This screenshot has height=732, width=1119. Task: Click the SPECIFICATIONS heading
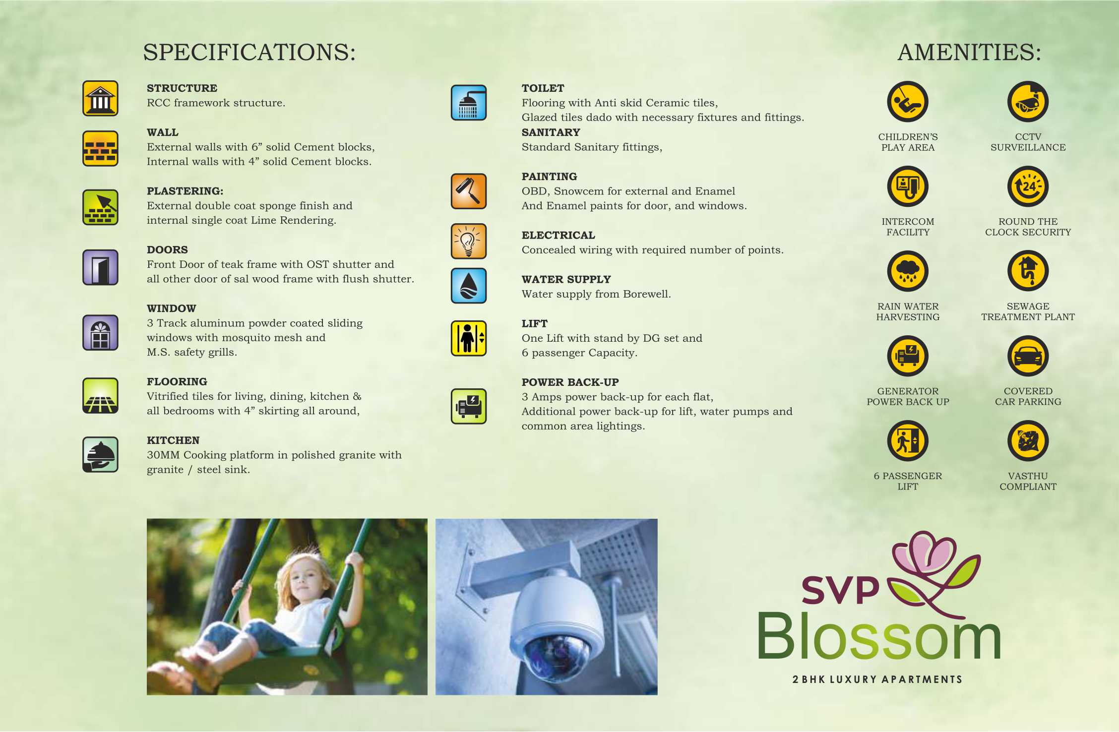click(249, 52)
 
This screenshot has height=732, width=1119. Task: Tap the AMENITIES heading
click(969, 52)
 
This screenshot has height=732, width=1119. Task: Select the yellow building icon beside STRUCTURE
click(100, 98)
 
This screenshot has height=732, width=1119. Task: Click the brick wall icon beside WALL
click(100, 148)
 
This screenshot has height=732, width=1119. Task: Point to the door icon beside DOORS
click(100, 267)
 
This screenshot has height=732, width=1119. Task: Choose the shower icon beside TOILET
click(469, 103)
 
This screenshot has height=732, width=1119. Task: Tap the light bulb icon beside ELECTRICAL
click(469, 241)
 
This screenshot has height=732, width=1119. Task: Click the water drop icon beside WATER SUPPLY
click(469, 286)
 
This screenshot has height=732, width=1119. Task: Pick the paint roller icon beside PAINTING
click(469, 191)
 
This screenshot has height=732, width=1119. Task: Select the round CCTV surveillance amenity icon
click(1028, 102)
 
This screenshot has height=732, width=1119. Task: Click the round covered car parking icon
click(1028, 356)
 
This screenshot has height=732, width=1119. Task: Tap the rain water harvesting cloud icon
click(908, 271)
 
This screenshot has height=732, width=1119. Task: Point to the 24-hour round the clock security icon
click(1028, 186)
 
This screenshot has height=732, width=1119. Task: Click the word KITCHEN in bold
click(173, 440)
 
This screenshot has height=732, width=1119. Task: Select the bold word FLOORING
click(177, 382)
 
